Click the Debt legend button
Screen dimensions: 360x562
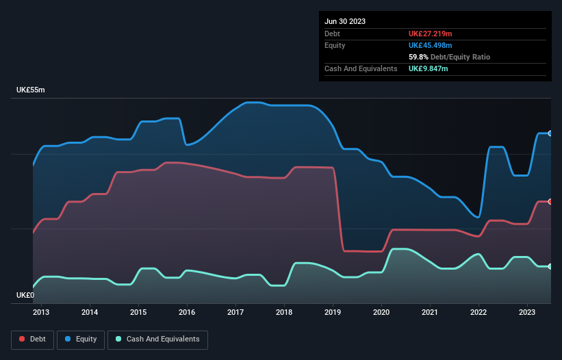point(32,339)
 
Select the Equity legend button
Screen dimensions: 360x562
point(81,339)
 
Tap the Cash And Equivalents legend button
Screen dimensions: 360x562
point(157,339)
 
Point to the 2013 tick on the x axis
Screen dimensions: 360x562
point(41,312)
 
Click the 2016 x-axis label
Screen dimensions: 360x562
point(187,312)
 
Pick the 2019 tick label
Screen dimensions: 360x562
point(333,312)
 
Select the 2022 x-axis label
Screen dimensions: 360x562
point(478,312)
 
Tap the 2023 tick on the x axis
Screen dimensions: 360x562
point(527,312)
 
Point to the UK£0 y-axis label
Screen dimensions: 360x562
point(25,295)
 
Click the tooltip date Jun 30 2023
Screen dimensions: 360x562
point(345,21)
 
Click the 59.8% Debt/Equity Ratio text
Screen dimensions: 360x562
point(449,57)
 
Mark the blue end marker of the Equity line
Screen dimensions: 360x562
point(550,133)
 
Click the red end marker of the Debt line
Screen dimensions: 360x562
point(550,201)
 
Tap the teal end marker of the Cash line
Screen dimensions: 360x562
point(550,266)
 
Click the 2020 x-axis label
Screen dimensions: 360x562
point(381,312)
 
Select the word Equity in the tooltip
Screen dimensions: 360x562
point(335,45)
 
